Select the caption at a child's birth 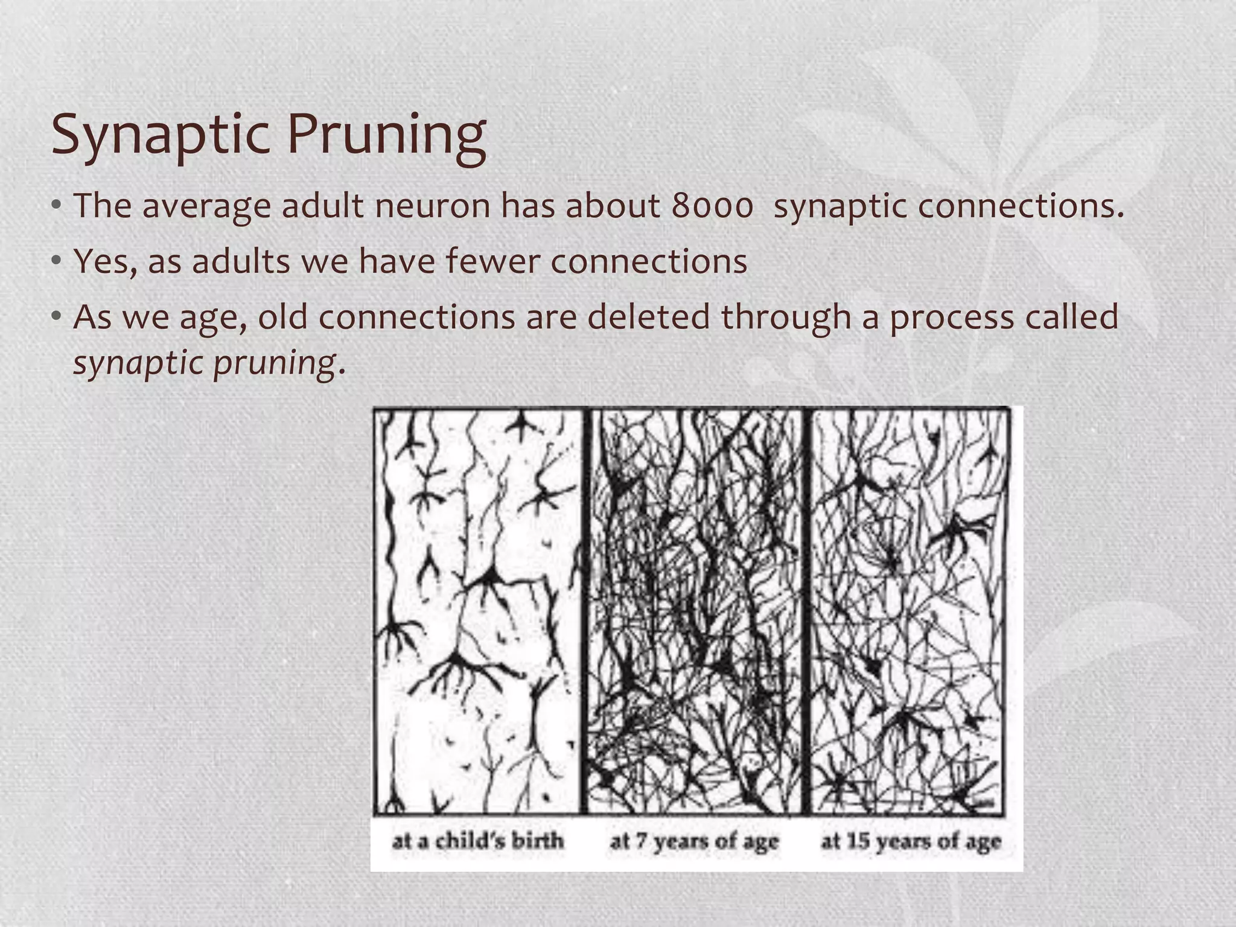point(478,841)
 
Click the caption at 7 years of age point(694,841)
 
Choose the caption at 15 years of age point(911,841)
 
